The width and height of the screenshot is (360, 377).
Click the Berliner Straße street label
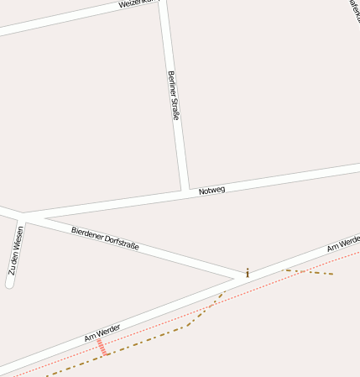coord(174,95)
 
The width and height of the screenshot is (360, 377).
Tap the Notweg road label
coord(212,191)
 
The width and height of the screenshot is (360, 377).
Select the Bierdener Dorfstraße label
coord(105,238)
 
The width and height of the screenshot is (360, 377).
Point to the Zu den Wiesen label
coord(15,250)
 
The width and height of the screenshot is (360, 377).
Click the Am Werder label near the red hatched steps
coord(102,332)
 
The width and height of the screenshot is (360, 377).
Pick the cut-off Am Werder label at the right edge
coord(343,243)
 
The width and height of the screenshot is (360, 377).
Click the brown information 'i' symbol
coord(248,272)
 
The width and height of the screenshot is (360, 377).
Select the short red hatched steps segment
coord(102,348)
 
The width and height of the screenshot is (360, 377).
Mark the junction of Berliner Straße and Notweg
coord(183,191)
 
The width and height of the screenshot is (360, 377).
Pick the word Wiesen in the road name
coord(18,239)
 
